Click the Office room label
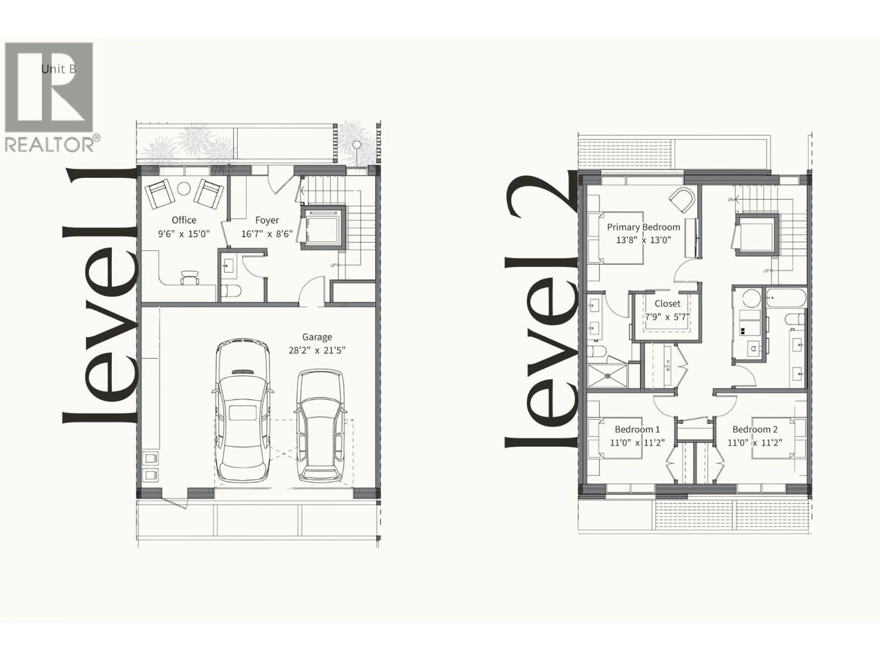click(184, 220)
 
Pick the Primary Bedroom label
click(643, 227)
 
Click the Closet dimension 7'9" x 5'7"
click(667, 317)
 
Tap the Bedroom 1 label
click(637, 429)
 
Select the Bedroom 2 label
click(755, 429)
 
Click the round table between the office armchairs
click(183, 189)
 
